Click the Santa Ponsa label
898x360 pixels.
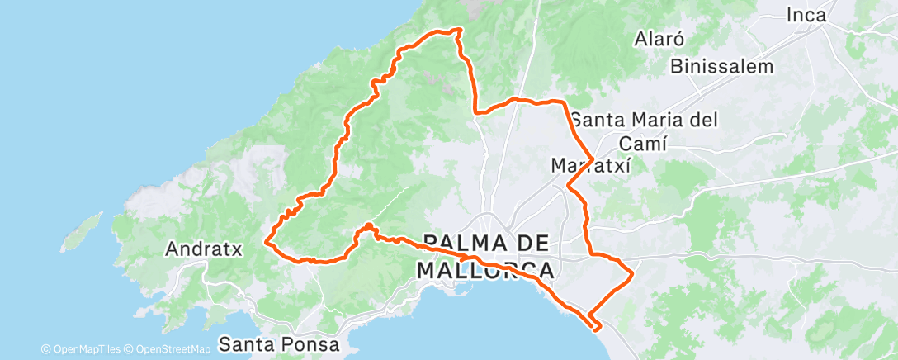pyautogui.click(x=280, y=343)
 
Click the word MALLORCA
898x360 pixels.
pyautogui.click(x=485, y=269)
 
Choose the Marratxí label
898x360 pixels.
pyautogui.click(x=590, y=166)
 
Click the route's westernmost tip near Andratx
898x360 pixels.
pyautogui.click(x=266, y=241)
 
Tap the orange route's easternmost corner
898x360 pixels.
pyautogui.click(x=632, y=272)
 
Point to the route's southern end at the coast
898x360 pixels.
pyautogui.click(x=596, y=327)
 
